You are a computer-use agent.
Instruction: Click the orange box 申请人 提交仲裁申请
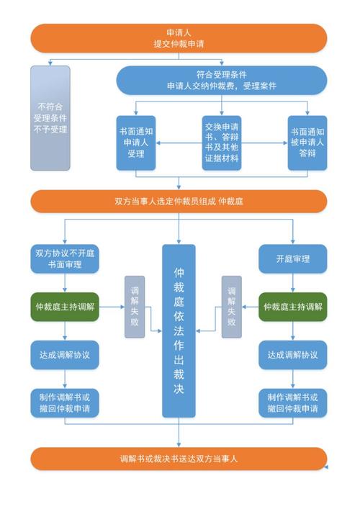pyautogui.click(x=179, y=38)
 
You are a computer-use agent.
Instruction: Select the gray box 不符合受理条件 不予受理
pyautogui.click(x=50, y=118)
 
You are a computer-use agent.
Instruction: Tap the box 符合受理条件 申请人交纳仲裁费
pyautogui.click(x=222, y=80)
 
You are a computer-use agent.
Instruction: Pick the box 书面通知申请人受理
pyautogui.click(x=136, y=143)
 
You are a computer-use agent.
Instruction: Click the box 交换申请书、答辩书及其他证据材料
pyautogui.click(x=222, y=143)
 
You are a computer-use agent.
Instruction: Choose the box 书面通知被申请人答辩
pyautogui.click(x=307, y=143)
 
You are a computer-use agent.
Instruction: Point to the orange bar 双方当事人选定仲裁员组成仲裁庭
pyautogui.click(x=179, y=201)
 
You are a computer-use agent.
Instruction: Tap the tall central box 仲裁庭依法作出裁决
pyautogui.click(x=179, y=330)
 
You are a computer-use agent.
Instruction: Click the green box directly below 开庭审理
pyautogui.click(x=292, y=307)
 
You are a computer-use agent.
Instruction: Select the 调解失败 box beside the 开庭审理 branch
pyautogui.click(x=230, y=307)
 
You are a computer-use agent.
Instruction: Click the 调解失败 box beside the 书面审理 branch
pyautogui.click(x=134, y=307)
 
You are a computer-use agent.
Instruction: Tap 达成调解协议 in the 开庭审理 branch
pyautogui.click(x=292, y=354)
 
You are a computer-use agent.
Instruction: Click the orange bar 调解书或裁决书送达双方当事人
pyautogui.click(x=179, y=459)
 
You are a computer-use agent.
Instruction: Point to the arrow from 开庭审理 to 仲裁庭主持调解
pyautogui.click(x=292, y=283)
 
